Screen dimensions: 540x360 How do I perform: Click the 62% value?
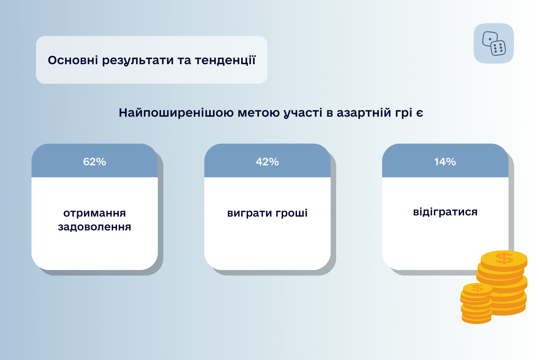coord(94,162)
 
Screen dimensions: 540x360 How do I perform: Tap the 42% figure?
coord(267,162)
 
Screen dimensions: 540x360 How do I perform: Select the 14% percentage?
coord(445,162)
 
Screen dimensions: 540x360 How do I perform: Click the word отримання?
coord(94,213)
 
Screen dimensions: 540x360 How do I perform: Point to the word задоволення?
coord(94,227)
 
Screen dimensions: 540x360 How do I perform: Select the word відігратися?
coord(445,212)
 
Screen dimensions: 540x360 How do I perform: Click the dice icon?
coord(494,43)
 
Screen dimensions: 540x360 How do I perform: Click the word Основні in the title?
coord(73,60)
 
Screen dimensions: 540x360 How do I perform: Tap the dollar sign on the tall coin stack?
coord(504,258)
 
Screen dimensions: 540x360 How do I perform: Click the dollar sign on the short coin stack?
coord(478,288)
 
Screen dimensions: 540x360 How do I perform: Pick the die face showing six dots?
coord(498,48)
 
